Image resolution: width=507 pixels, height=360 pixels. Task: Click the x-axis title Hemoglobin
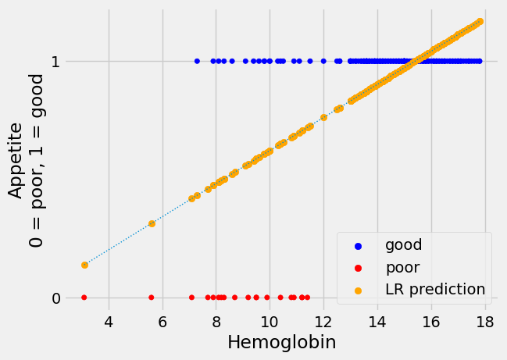[x=281, y=342]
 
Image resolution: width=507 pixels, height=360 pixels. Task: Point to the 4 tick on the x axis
[x=109, y=322]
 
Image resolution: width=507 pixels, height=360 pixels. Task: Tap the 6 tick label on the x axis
[x=162, y=322]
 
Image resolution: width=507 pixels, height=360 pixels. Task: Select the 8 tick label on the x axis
[x=216, y=322]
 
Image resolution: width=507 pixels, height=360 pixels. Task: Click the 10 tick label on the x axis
[x=270, y=322]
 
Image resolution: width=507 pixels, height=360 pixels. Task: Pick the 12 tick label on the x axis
[x=323, y=322]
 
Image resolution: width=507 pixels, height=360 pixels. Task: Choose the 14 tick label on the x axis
[x=377, y=322]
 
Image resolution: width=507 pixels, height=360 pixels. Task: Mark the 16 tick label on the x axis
[x=431, y=322]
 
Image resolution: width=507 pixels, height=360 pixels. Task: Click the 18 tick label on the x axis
[x=485, y=322]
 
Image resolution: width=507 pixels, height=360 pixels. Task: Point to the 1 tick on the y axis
[x=55, y=62]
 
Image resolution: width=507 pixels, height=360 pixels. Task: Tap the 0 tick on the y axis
[x=55, y=298]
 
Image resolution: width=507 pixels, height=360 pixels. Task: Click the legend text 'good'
[x=403, y=245]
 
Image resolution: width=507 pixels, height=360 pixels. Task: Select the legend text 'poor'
[x=402, y=267]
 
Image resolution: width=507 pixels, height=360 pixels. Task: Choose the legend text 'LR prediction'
[x=435, y=289]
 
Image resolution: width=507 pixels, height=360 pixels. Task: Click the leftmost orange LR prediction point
[x=84, y=265]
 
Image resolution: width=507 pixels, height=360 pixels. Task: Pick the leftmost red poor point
[x=84, y=298]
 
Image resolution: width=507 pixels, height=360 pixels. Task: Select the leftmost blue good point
[x=197, y=61]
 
